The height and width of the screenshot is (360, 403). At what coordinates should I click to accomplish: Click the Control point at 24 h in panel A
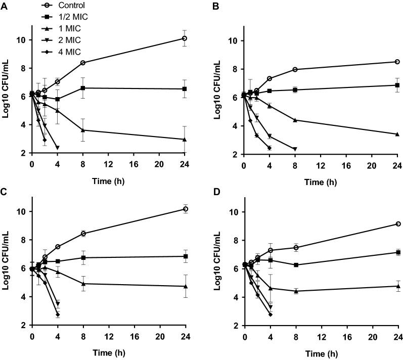185,38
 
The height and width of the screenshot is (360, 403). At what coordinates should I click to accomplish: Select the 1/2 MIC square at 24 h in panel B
397,85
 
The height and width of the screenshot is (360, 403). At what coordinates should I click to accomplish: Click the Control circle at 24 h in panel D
398,224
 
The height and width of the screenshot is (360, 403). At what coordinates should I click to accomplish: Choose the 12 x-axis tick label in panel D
321,336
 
